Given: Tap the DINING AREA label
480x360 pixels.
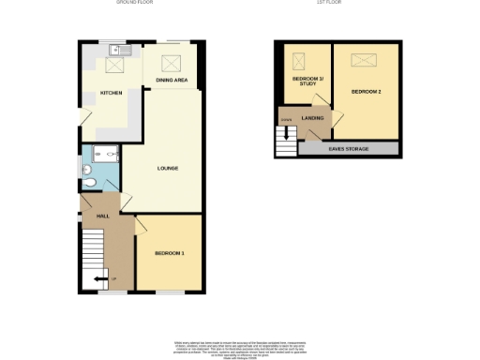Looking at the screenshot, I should tap(171, 82).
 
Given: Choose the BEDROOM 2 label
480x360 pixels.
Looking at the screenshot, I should tap(366, 92).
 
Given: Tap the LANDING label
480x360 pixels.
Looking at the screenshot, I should tap(312, 118).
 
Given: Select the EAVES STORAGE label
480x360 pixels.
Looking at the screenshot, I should tap(348, 149).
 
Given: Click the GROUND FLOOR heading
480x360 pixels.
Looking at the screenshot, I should tap(134, 3).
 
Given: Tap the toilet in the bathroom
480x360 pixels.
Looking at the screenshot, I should tap(86, 170).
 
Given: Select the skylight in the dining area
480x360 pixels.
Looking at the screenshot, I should tap(171, 64).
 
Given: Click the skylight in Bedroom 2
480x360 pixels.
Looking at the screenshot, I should tap(361, 62).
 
